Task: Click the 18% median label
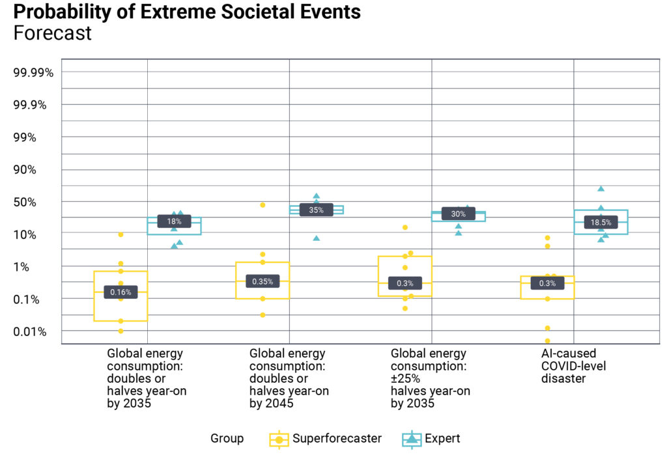pos(174,221)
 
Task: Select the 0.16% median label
pos(121,292)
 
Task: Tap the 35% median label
pos(316,210)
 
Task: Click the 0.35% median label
pos(263,282)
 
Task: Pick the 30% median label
pos(458,214)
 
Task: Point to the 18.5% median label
pos(601,223)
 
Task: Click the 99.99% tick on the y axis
pos(33,72)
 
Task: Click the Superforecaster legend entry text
pos(337,439)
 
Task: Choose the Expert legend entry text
pos(442,439)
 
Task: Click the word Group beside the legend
pos(227,439)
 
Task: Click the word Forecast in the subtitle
pos(52,33)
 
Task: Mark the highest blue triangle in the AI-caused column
pos(601,189)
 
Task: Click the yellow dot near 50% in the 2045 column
pos(263,205)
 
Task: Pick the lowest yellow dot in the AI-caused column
pos(547,340)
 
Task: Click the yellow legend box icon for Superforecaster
pos(279,439)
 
